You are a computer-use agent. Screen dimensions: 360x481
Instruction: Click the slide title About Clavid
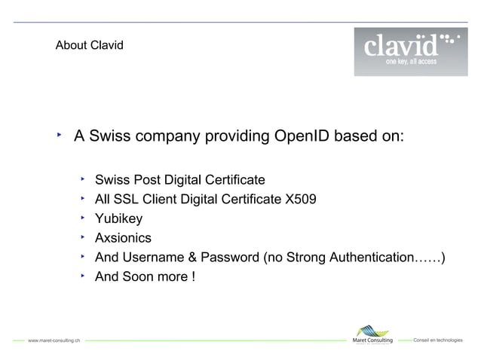90,46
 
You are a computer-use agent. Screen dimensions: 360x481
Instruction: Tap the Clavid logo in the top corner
410,51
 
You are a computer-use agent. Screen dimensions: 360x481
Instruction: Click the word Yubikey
118,219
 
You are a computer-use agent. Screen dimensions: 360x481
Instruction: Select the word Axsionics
123,238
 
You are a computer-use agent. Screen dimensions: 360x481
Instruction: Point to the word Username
154,258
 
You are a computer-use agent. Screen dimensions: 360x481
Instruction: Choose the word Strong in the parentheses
308,258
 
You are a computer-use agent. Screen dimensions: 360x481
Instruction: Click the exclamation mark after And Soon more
194,277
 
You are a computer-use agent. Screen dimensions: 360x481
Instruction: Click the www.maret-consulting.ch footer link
54,341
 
